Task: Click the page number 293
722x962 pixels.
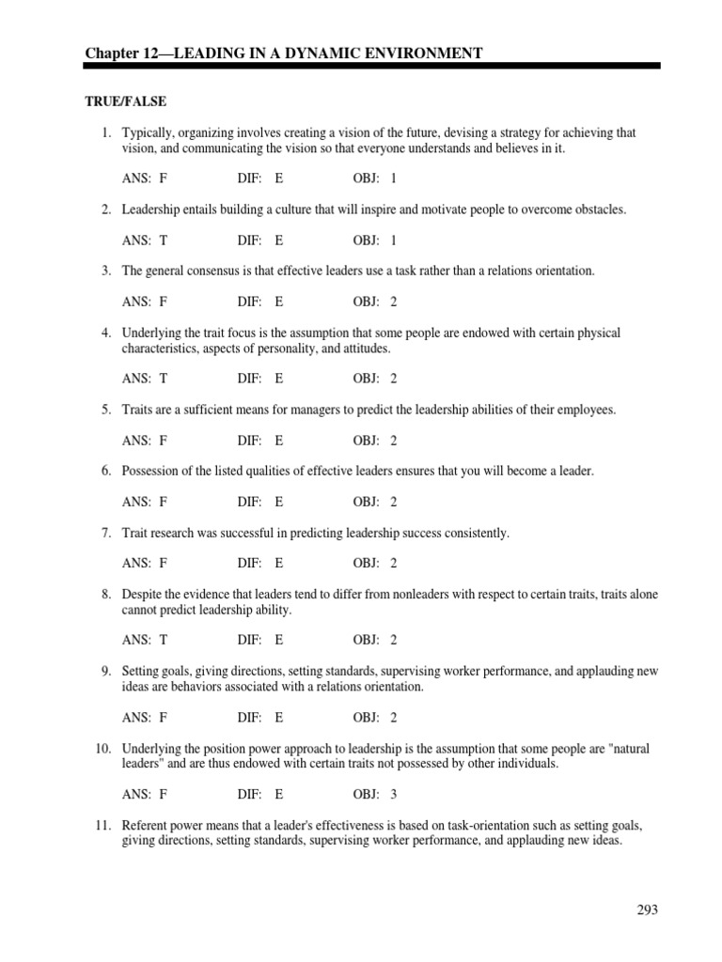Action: pos(646,909)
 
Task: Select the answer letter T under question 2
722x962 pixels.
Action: pos(164,240)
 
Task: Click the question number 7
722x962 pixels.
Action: pos(106,534)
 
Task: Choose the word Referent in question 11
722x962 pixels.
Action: pos(146,825)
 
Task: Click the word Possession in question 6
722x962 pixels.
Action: pos(151,472)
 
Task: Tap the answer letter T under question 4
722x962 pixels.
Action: pos(164,379)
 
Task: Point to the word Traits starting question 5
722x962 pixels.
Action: pos(137,411)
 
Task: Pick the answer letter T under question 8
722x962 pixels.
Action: pos(164,640)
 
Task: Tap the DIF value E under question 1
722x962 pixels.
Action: pos(279,178)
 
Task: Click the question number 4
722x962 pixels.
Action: pos(106,333)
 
